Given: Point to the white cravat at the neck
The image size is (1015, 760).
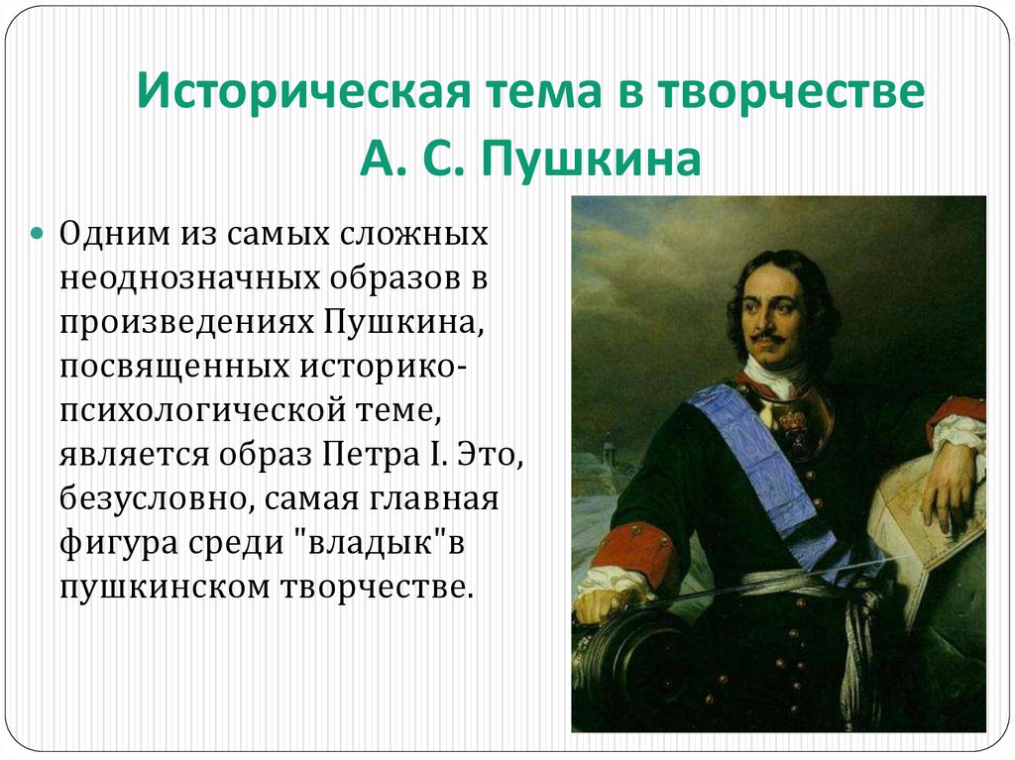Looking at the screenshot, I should pyautogui.click(x=768, y=377).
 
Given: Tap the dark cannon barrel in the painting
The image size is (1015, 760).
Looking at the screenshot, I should pyautogui.click(x=624, y=654).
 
